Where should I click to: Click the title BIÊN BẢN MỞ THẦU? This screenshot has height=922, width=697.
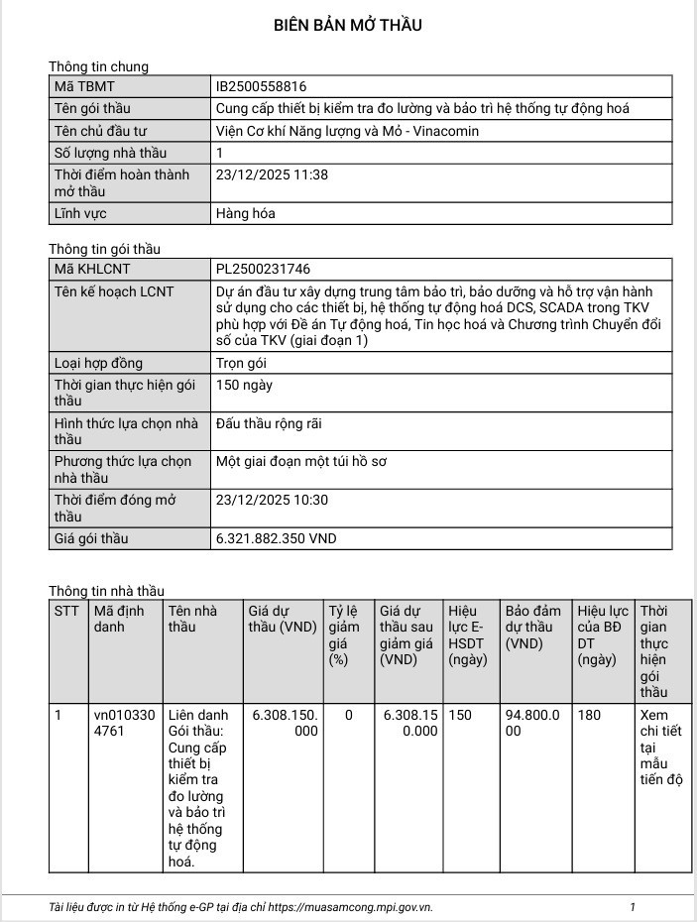point(348,26)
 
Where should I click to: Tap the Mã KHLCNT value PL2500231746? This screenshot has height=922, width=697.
point(263,269)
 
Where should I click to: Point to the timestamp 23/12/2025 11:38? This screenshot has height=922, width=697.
point(272,174)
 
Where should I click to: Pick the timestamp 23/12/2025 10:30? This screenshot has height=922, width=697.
point(272,501)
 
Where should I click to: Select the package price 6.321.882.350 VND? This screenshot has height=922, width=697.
point(276,538)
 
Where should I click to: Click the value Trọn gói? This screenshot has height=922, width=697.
point(241,363)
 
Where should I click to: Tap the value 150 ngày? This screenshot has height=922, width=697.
point(244,385)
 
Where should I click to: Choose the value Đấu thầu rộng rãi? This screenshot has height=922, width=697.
point(269,424)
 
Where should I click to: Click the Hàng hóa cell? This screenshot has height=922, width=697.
point(245,213)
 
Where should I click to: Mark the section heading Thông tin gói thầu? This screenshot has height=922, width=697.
point(104,249)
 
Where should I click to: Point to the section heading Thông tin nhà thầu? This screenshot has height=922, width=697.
point(106,591)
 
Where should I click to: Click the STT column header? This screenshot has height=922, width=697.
point(66,611)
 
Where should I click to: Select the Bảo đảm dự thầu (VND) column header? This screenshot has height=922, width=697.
point(533,627)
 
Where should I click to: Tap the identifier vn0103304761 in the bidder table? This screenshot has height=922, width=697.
point(124,723)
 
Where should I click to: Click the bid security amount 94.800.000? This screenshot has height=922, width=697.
point(533,723)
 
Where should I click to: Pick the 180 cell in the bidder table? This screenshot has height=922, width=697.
point(590,715)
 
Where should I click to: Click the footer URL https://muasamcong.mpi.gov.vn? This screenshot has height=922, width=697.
point(350,907)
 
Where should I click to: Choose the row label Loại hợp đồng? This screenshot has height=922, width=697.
point(98,363)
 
